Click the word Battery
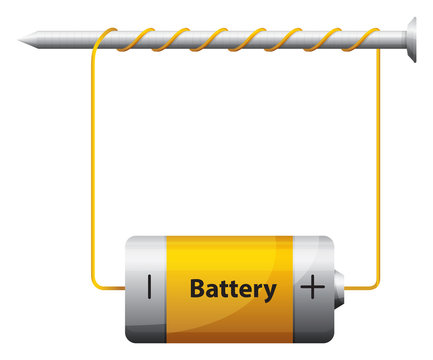coord(232,289)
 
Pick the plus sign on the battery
coord(313,288)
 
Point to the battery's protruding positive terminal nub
coord(340,288)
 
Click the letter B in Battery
coord(197,289)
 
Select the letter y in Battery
coord(269,292)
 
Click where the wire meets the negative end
coord(123,289)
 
